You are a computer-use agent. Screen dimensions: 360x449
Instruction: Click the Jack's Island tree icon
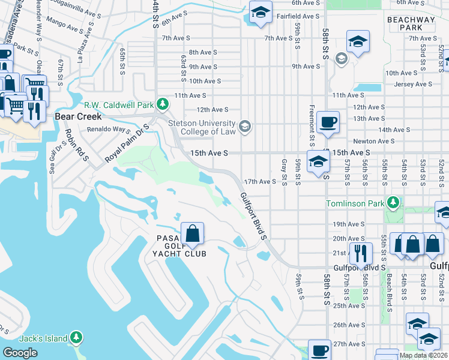pyautogui.click(x=76, y=338)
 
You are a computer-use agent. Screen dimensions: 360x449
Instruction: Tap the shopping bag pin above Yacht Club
pyautogui.click(x=192, y=234)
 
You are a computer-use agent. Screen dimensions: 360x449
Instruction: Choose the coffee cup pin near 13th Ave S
pyautogui.click(x=328, y=122)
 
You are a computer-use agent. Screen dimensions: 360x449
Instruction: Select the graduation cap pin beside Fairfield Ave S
pyautogui.click(x=261, y=13)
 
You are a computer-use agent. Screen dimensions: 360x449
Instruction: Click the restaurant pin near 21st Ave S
pyautogui.click(x=360, y=254)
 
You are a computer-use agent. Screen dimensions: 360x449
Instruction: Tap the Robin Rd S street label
pyautogui.click(x=76, y=144)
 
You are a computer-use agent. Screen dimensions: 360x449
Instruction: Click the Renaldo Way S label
pyautogui.click(x=109, y=129)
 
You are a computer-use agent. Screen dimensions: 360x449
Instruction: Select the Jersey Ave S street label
pyautogui.click(x=414, y=85)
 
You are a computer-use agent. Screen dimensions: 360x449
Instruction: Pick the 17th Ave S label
pyautogui.click(x=259, y=181)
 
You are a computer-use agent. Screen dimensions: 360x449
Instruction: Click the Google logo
pyautogui.click(x=20, y=353)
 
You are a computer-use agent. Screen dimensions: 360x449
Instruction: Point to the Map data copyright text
pyautogui.click(x=423, y=355)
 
